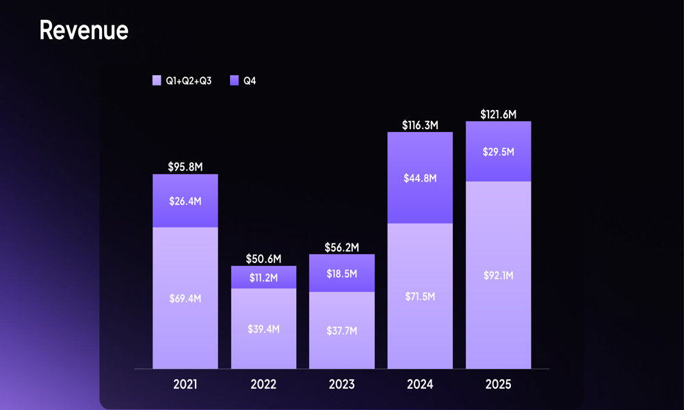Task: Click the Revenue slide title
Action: click(x=83, y=31)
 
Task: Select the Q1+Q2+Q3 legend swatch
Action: click(x=157, y=81)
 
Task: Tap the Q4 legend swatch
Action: click(x=234, y=81)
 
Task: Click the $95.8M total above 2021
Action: click(x=185, y=166)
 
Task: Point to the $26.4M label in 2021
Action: click(x=185, y=201)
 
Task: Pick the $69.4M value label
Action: click(x=185, y=299)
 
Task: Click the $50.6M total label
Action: click(x=263, y=259)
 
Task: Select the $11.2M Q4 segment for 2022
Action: click(x=263, y=277)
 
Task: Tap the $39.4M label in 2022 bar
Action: click(x=263, y=329)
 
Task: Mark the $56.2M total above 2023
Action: click(x=341, y=247)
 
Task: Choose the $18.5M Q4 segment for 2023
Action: click(x=341, y=273)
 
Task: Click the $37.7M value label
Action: click(x=341, y=331)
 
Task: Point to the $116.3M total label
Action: click(x=419, y=125)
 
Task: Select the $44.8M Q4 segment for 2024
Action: click(x=419, y=178)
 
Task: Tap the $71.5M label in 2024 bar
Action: click(x=419, y=297)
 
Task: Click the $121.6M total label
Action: click(x=498, y=114)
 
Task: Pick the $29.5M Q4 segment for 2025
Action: click(x=498, y=152)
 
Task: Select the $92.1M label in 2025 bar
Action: click(x=498, y=275)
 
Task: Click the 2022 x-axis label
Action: click(x=263, y=385)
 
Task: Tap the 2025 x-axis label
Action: click(x=498, y=385)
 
